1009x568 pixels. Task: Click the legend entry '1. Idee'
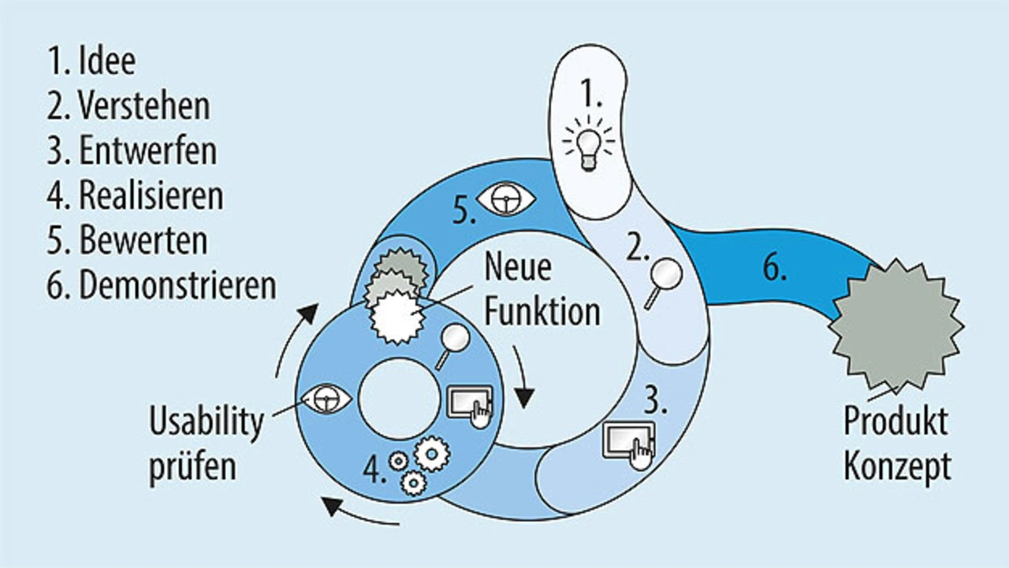click(x=91, y=61)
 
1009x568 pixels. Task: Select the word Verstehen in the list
click(x=144, y=106)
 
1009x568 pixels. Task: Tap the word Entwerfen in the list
click(x=147, y=151)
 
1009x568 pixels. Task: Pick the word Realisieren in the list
click(x=151, y=196)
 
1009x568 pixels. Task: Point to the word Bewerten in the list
click(x=143, y=240)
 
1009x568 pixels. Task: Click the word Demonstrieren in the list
click(x=177, y=285)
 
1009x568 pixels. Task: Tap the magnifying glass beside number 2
click(x=663, y=284)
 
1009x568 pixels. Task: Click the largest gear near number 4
click(x=432, y=454)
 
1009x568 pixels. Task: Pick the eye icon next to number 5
click(x=506, y=199)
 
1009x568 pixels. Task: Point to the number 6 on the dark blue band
click(x=774, y=268)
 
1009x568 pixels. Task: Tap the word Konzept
click(x=897, y=466)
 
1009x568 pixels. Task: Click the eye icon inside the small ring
click(x=326, y=399)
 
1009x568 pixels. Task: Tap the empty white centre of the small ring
click(x=400, y=399)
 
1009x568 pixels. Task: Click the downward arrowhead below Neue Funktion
click(x=524, y=398)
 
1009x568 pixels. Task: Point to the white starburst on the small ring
click(x=397, y=317)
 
